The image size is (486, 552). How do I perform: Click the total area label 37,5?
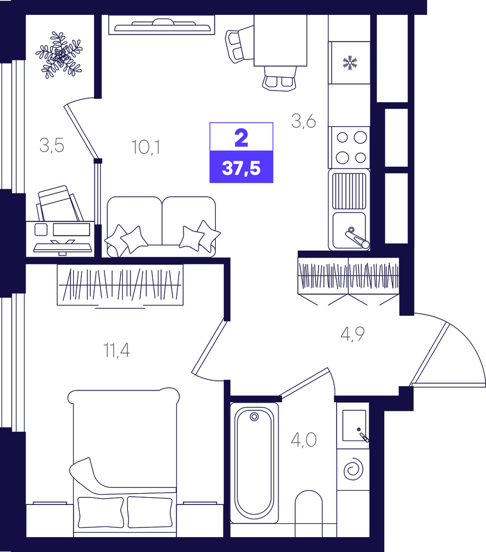(241, 168)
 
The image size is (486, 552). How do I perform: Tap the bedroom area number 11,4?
(117, 350)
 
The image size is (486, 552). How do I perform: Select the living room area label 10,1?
(146, 147)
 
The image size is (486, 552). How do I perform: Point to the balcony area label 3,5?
(52, 145)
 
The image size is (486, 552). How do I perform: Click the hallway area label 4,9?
(352, 334)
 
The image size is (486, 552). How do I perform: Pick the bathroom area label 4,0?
(304, 439)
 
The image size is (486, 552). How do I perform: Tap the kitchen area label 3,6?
(304, 121)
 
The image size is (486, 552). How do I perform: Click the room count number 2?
(241, 138)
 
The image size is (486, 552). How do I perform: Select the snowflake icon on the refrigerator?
(350, 62)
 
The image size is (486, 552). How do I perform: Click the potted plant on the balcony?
(59, 55)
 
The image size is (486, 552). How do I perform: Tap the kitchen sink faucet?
(357, 237)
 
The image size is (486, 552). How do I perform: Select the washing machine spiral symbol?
(353, 469)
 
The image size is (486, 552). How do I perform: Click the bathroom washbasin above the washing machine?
(354, 425)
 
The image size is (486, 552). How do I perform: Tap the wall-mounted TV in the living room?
(162, 25)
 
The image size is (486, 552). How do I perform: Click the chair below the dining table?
(279, 78)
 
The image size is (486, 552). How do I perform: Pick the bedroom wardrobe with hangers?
(120, 284)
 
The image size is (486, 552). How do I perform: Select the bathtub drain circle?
(254, 417)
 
